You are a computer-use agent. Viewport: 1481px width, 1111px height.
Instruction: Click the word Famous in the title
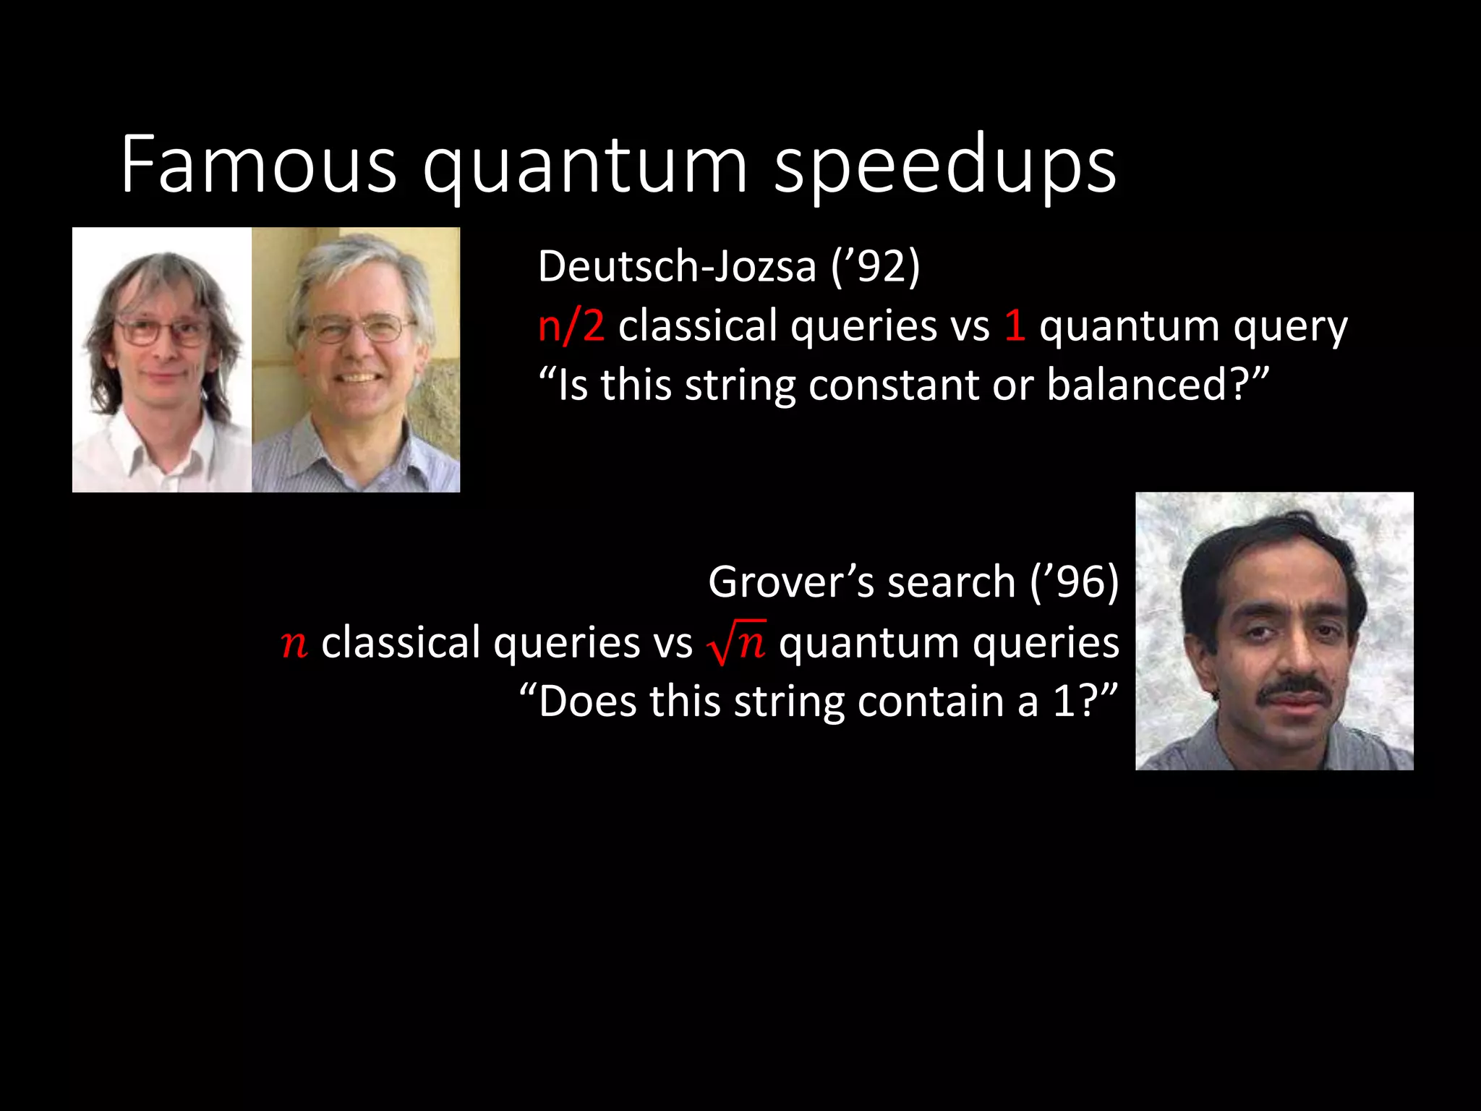pos(258,165)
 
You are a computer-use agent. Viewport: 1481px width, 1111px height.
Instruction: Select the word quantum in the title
pos(585,168)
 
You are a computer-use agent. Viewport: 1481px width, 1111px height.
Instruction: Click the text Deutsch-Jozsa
pos(677,266)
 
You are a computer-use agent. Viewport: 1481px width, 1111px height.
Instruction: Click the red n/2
pos(571,325)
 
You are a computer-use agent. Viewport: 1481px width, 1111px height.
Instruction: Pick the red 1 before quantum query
pos(1015,325)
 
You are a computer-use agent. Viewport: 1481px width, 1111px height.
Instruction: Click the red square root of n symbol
pos(736,642)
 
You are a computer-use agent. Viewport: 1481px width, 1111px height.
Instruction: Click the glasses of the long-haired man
pos(161,332)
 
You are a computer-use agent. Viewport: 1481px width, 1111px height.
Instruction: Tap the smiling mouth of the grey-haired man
pos(358,378)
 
